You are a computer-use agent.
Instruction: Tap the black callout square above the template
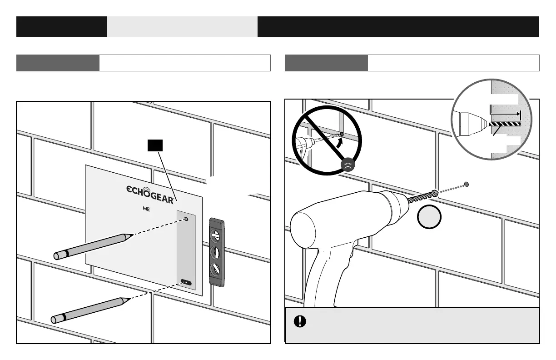pyautogui.click(x=155, y=145)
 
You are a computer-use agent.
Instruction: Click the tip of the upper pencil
pyautogui.click(x=132, y=235)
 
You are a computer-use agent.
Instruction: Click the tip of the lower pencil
pyautogui.click(x=129, y=299)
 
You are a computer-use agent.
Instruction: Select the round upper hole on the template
pyautogui.click(x=187, y=220)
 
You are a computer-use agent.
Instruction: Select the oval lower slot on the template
pyautogui.click(x=186, y=282)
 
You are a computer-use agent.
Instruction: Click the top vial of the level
pyautogui.click(x=217, y=236)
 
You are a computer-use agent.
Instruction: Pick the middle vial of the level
pyautogui.click(x=217, y=253)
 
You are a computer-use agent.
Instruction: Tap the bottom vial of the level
pyautogui.click(x=217, y=269)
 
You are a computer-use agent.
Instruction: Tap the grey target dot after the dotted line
pyautogui.click(x=466, y=185)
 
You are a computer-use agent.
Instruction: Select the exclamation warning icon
pyautogui.click(x=300, y=322)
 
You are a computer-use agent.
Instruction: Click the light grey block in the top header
pyautogui.click(x=182, y=27)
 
